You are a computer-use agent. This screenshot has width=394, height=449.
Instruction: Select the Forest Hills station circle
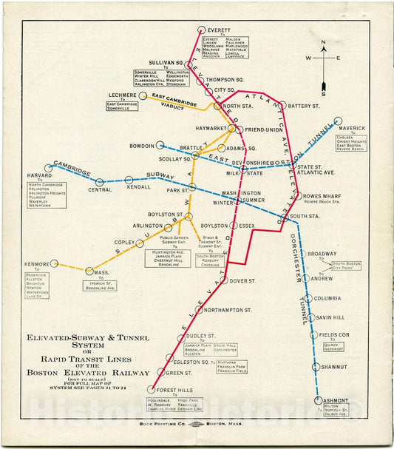(152, 390)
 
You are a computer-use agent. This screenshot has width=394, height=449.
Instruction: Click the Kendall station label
(138, 187)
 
